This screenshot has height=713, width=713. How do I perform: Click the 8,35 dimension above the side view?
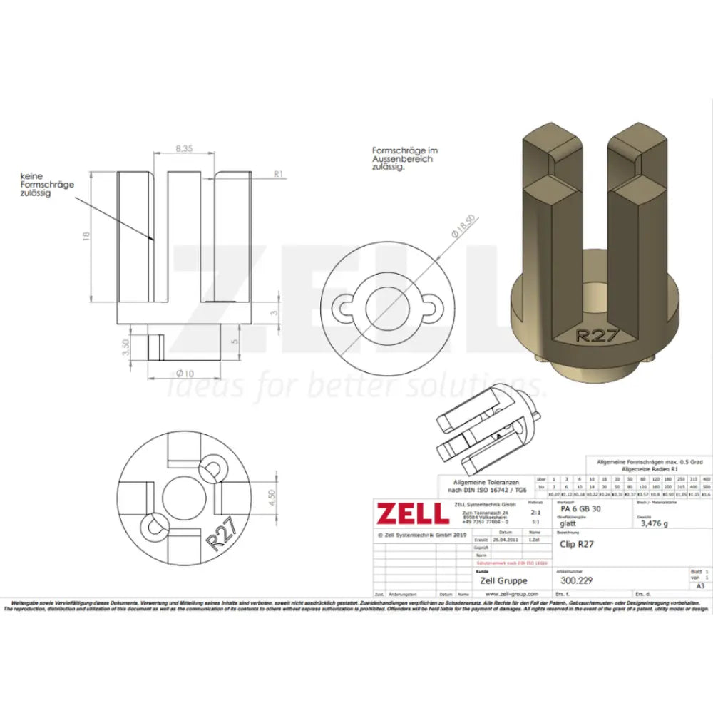183,149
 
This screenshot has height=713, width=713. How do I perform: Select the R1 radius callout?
279,173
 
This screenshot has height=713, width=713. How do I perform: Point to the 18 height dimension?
87,236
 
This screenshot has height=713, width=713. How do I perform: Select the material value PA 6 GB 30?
580,509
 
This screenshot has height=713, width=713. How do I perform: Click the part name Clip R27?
578,544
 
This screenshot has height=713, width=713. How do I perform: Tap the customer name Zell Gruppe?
503,580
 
